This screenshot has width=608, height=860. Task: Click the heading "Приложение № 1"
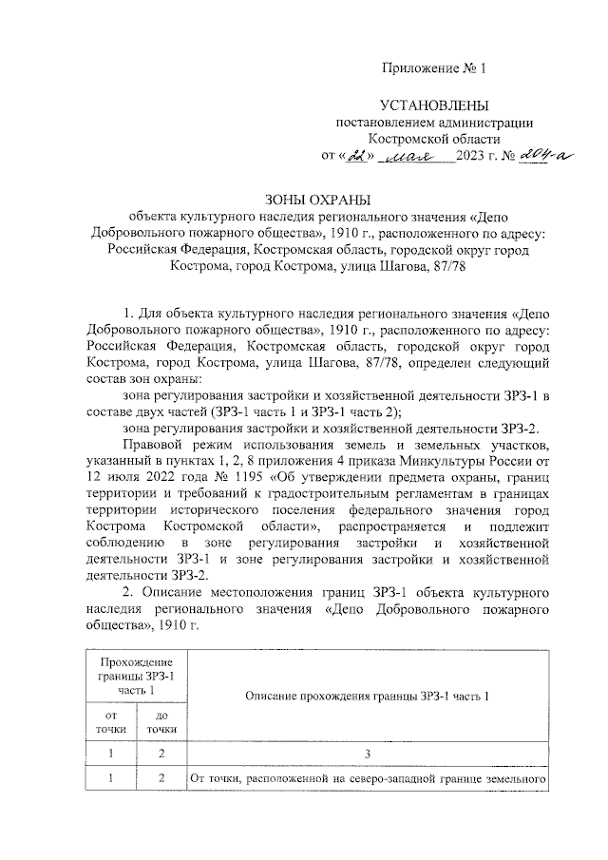tap(432, 68)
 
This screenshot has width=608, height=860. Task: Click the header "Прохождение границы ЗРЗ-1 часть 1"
tap(134, 675)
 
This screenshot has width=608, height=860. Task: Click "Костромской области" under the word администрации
tap(432, 139)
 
